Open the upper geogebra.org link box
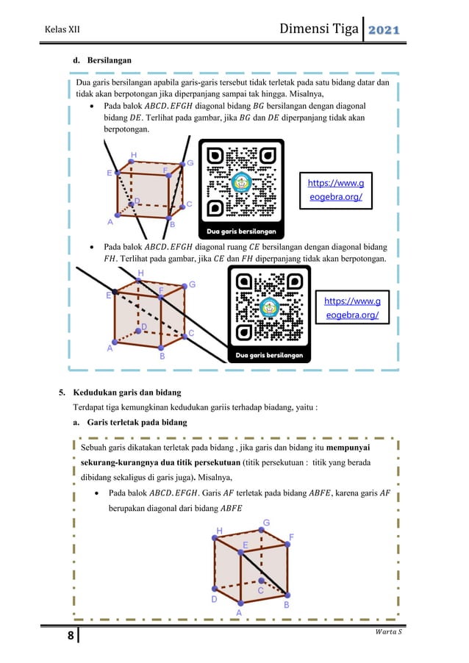coord(335,190)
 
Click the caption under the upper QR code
coord(242,232)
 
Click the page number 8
coord(71,635)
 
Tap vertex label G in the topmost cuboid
coord(190,163)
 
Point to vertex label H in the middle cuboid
coord(140,273)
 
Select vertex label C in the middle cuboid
coord(191,333)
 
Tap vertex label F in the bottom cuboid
coord(292,537)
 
